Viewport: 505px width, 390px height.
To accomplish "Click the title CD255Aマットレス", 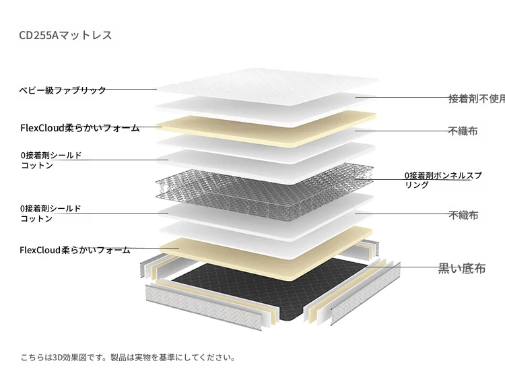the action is [x=65, y=35].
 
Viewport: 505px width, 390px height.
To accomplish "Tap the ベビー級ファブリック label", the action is [x=63, y=90].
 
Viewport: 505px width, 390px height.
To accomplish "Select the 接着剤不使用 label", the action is [x=477, y=98].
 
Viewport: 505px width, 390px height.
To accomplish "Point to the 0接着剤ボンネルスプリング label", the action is [x=443, y=180].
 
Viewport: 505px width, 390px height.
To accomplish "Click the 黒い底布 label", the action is [x=461, y=268].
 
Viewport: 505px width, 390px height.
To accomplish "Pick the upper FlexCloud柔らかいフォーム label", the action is [x=80, y=128].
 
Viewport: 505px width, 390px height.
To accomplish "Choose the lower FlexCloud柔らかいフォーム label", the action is [x=75, y=250].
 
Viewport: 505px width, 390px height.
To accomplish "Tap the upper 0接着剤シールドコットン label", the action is [x=51, y=160].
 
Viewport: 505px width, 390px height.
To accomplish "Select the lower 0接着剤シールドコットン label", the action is [x=50, y=214].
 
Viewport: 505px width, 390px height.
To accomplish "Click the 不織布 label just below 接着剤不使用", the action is [x=463, y=131].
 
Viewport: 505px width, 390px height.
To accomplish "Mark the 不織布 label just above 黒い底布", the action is [x=463, y=215].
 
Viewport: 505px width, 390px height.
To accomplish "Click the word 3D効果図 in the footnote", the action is [x=70, y=358].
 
